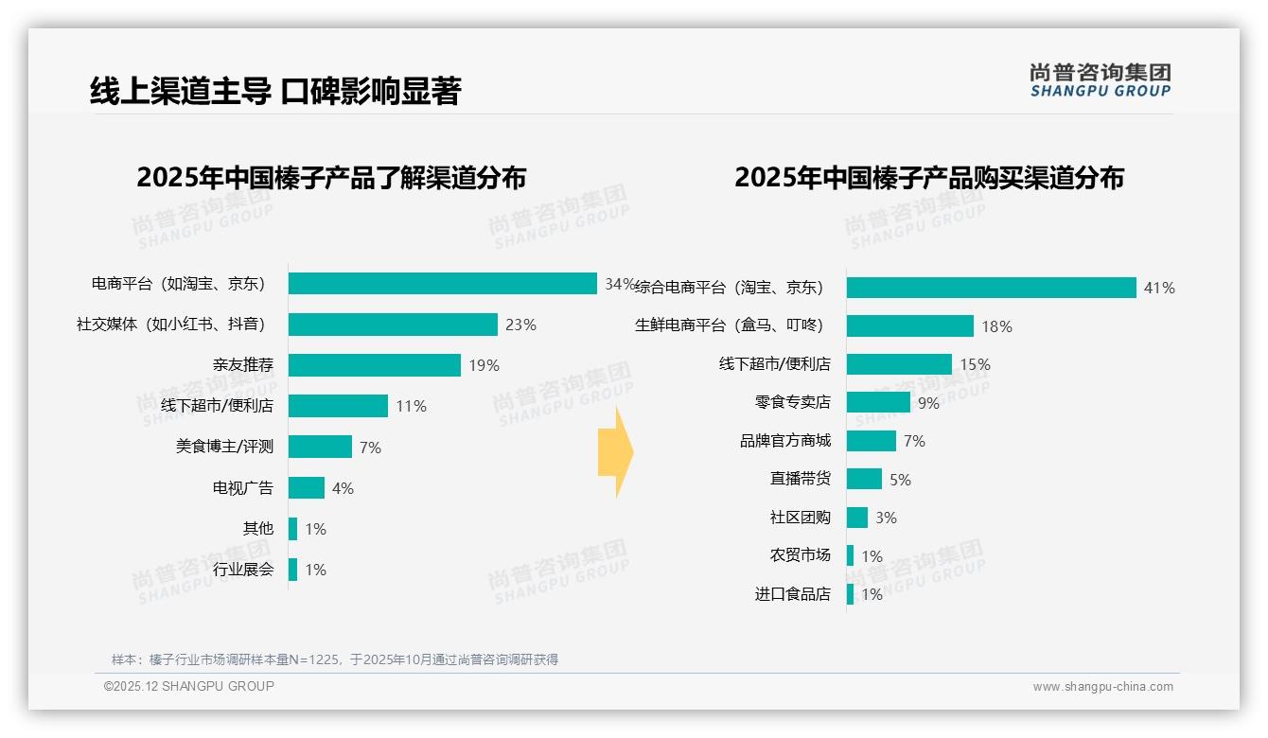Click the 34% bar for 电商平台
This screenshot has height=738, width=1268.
tap(442, 284)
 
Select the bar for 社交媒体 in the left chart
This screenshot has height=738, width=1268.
tap(393, 325)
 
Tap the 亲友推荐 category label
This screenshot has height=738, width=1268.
tap(242, 365)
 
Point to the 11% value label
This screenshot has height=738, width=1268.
tap(411, 406)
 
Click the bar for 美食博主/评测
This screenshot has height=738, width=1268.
tap(320, 447)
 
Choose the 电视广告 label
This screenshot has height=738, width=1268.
tap(242, 488)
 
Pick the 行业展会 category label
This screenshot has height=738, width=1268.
tap(242, 570)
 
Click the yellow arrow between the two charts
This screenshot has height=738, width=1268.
tap(615, 452)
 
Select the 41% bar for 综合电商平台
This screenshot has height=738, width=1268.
tap(991, 288)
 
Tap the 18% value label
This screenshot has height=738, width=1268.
tap(996, 326)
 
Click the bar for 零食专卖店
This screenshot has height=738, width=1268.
tap(878, 402)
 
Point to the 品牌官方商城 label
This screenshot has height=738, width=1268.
tap(784, 441)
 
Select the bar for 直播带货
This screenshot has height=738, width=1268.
tap(864, 479)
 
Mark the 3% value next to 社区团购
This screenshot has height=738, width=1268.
tap(886, 518)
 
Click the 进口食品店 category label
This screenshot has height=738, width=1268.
tap(792, 594)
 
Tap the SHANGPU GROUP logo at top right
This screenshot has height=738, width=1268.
tap(1100, 80)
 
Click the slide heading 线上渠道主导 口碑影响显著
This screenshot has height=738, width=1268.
tap(275, 91)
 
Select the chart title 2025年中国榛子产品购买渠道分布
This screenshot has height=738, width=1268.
tap(928, 177)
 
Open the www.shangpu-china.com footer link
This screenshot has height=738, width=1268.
tap(1102, 687)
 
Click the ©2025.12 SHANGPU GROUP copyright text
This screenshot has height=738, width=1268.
tap(189, 686)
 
